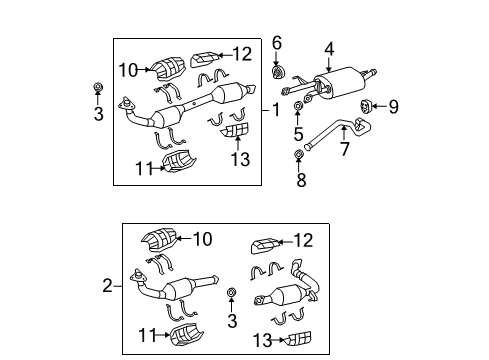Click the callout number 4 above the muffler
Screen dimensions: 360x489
coord(329,46)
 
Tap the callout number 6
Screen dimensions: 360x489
coord(277,43)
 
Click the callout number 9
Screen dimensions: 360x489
coord(393,107)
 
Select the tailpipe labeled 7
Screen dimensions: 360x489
coord(330,137)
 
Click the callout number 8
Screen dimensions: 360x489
coord(298,181)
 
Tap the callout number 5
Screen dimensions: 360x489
coord(298,135)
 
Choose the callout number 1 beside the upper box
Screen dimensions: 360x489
coord(277,110)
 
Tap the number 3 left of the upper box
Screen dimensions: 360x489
coord(98,114)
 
